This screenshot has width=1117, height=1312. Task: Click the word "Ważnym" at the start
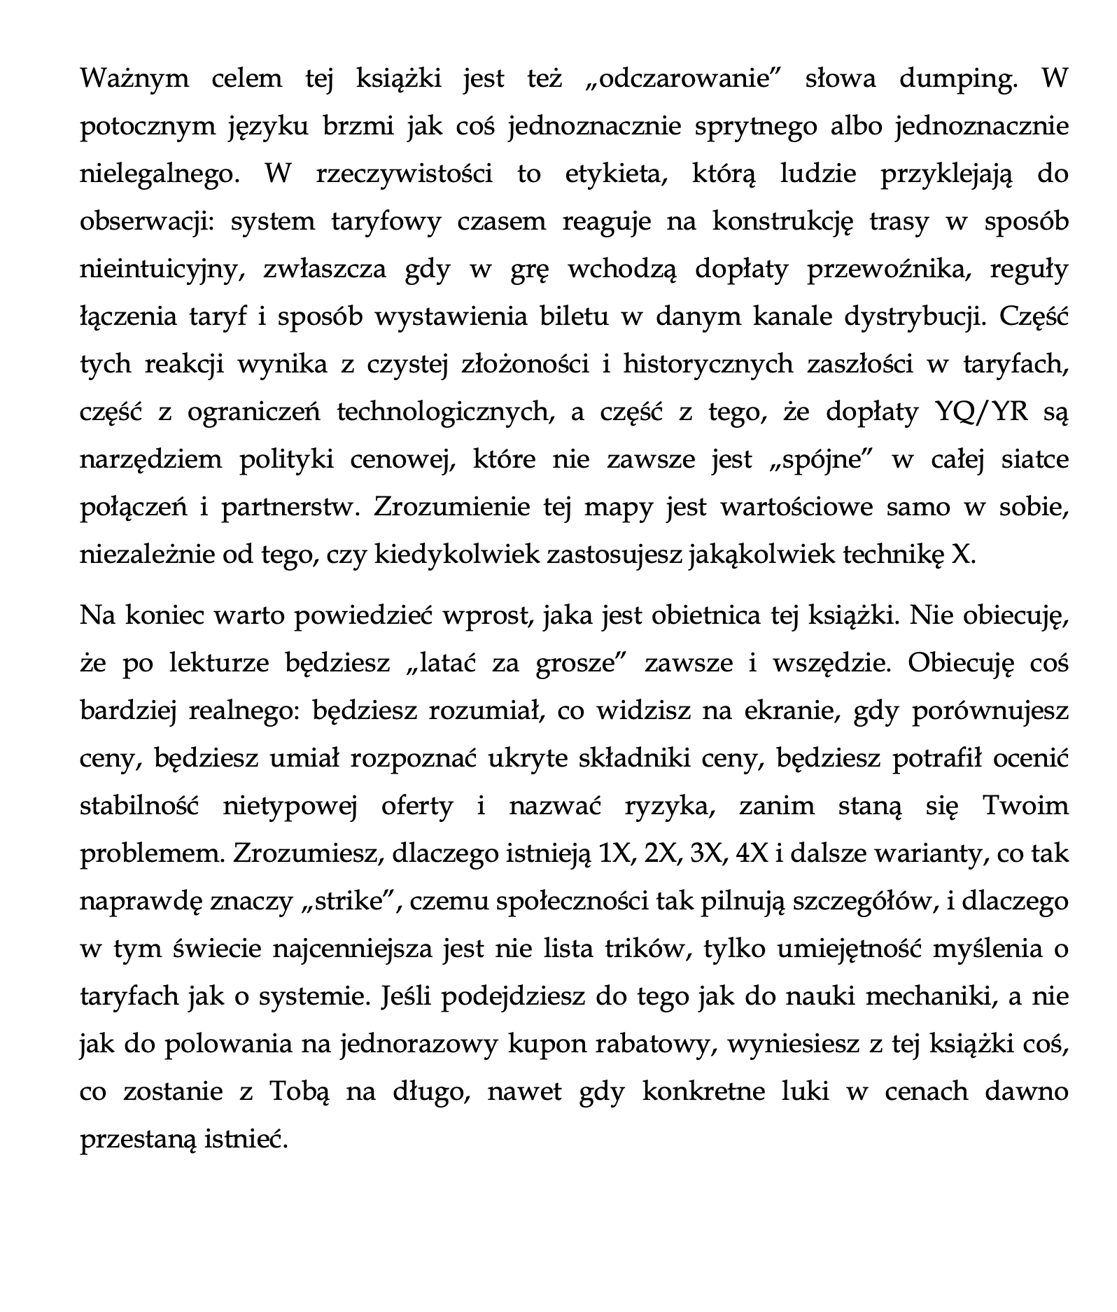point(134,78)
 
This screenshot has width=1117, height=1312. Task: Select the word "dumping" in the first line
point(956,78)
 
